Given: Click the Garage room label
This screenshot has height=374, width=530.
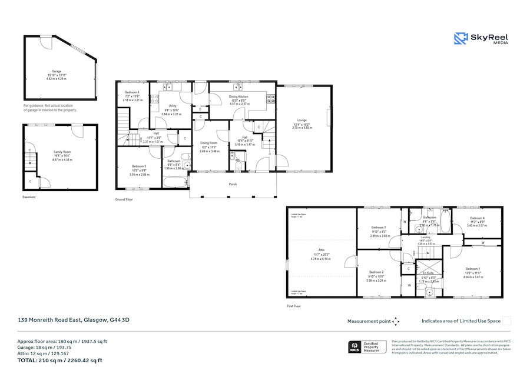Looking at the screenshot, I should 57,71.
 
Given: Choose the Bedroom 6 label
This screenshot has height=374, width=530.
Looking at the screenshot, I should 132,92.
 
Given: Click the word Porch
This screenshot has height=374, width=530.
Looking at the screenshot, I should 233,184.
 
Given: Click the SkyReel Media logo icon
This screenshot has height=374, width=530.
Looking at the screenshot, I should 460,39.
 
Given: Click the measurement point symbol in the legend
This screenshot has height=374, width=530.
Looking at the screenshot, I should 396,321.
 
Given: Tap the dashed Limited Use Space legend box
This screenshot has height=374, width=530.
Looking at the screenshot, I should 506,321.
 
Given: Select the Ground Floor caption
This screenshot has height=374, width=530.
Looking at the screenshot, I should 124,199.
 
